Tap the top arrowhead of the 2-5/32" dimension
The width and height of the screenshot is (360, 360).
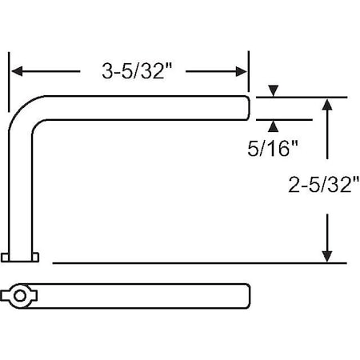click(x=326, y=103)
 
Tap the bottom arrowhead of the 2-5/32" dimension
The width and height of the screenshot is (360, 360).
click(x=326, y=256)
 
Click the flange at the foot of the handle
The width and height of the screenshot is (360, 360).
click(x=22, y=257)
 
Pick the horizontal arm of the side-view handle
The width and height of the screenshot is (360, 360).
click(x=144, y=108)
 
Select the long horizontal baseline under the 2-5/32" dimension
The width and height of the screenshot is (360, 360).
click(x=200, y=262)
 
